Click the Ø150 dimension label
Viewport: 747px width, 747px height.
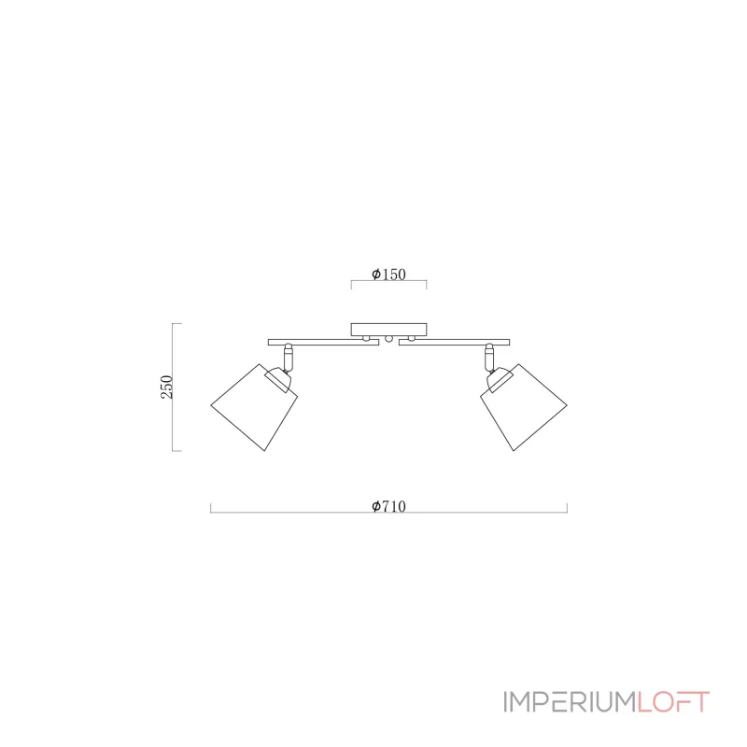(x=388, y=275)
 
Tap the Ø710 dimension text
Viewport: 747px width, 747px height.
(x=388, y=506)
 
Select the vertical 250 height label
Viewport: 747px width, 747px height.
(x=167, y=387)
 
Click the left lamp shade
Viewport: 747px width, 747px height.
(x=254, y=408)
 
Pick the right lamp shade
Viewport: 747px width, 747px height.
(x=524, y=408)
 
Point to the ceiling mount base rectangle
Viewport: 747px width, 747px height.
(x=388, y=330)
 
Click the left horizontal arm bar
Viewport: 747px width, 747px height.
(x=323, y=342)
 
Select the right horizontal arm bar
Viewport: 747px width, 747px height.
(x=454, y=342)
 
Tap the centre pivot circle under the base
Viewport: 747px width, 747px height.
(x=388, y=339)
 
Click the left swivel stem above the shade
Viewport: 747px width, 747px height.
(x=289, y=358)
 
